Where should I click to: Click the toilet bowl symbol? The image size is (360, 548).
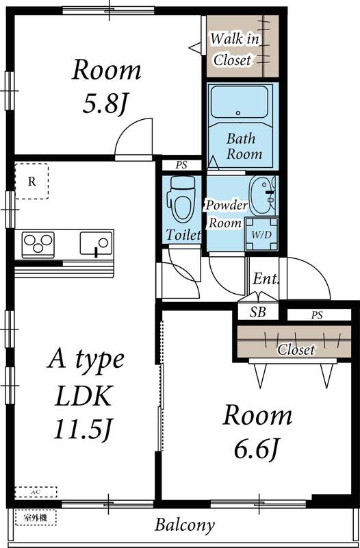(181, 196)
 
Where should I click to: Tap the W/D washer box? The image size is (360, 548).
(261, 234)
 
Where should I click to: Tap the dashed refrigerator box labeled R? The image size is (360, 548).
(31, 182)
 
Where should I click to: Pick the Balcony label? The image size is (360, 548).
(184, 526)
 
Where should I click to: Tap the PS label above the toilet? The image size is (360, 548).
(181, 165)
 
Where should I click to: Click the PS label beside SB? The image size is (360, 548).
(316, 315)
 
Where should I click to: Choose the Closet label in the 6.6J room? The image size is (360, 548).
(296, 349)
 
